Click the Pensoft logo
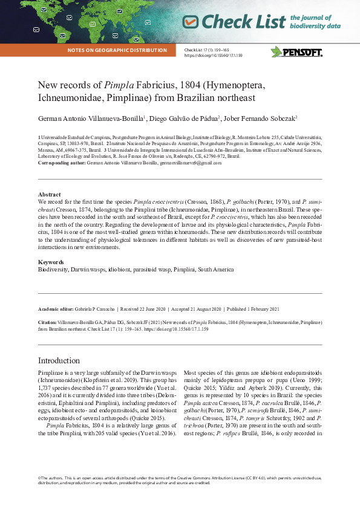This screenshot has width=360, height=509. coord(296,52)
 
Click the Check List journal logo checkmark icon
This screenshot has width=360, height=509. coord(191,22)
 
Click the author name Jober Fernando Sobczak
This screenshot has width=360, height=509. coord(261,118)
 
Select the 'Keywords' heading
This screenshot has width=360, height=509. coord(50,262)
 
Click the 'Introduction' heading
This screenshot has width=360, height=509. coord(59,360)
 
